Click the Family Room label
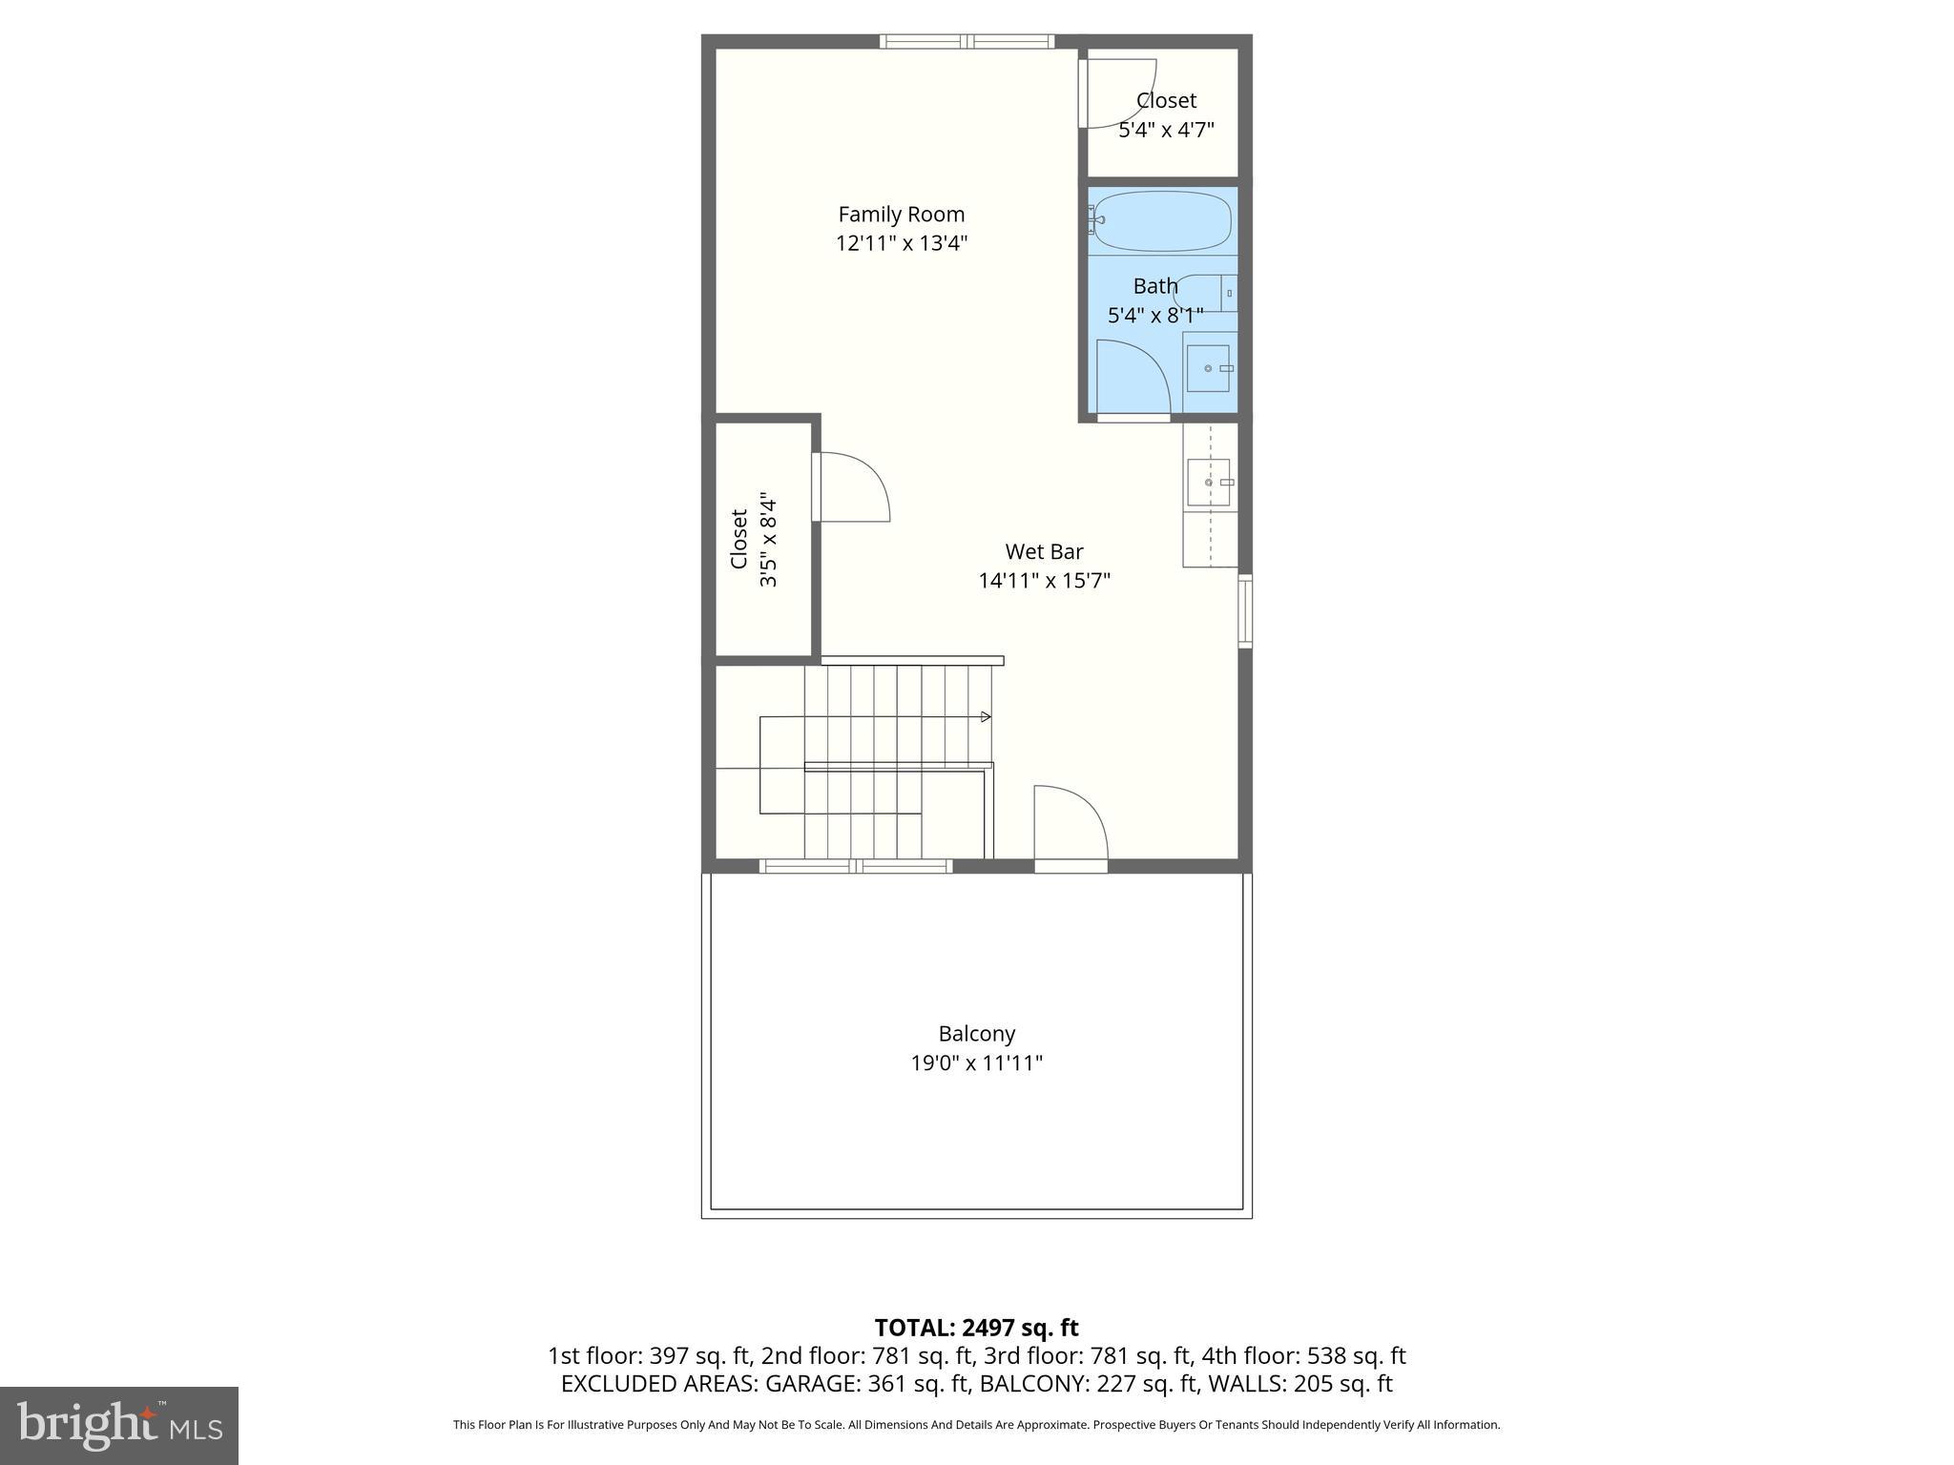tap(901, 215)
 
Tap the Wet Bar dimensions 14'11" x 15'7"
tap(1044, 581)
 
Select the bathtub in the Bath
tap(1161, 221)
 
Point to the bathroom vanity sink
tap(1209, 368)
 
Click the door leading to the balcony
tap(1071, 825)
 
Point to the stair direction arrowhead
tap(986, 716)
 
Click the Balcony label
tap(976, 1034)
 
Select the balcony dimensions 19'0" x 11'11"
tap(976, 1063)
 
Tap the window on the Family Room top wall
tap(967, 41)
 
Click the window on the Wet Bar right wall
tap(1245, 610)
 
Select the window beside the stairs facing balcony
tap(856, 866)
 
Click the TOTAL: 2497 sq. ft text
tap(976, 1328)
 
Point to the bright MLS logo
tap(119, 1426)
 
